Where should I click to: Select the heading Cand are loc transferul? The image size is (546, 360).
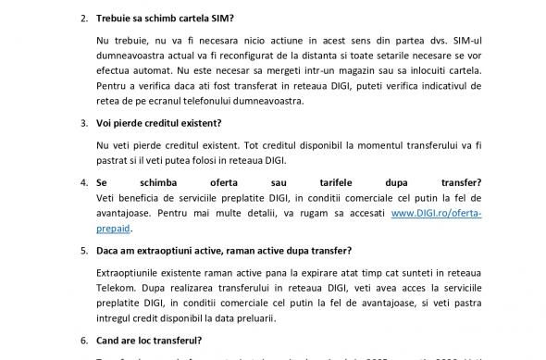tap(151, 340)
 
